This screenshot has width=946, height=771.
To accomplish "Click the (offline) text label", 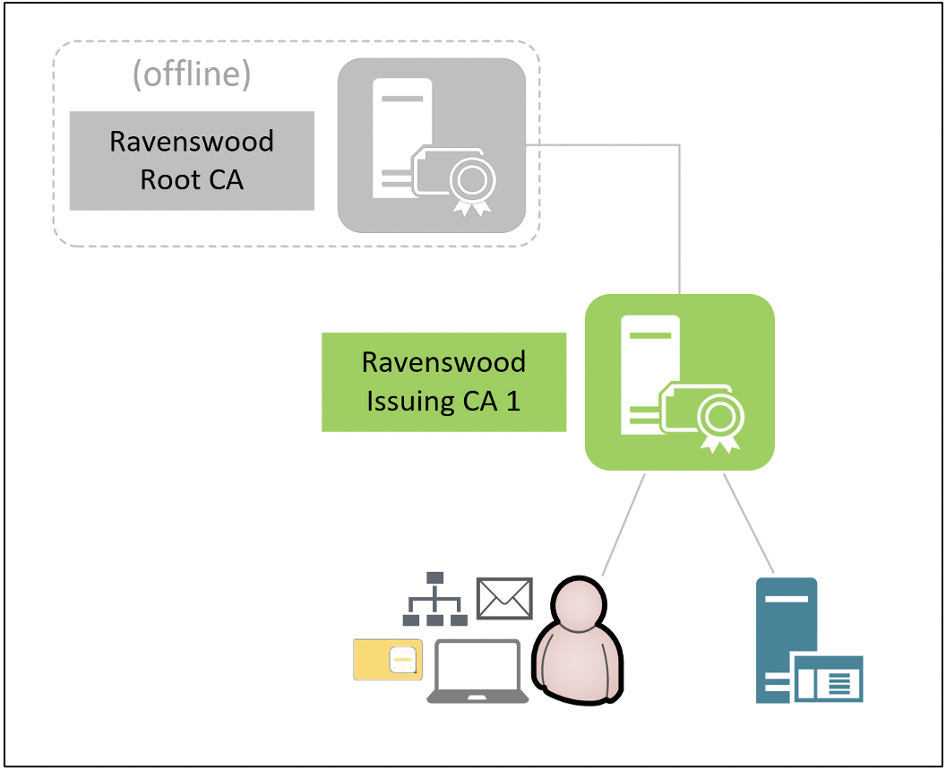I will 192,75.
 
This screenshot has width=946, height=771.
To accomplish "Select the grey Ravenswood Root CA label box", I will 192,160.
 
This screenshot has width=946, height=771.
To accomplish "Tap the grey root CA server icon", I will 431,145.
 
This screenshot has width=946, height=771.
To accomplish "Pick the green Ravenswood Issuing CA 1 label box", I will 443,382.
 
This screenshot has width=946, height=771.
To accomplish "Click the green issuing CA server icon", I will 679,382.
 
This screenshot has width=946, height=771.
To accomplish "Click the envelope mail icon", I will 505,598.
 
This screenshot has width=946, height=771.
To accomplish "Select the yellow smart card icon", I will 388,661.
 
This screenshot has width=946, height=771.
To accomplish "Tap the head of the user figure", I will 578,603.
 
